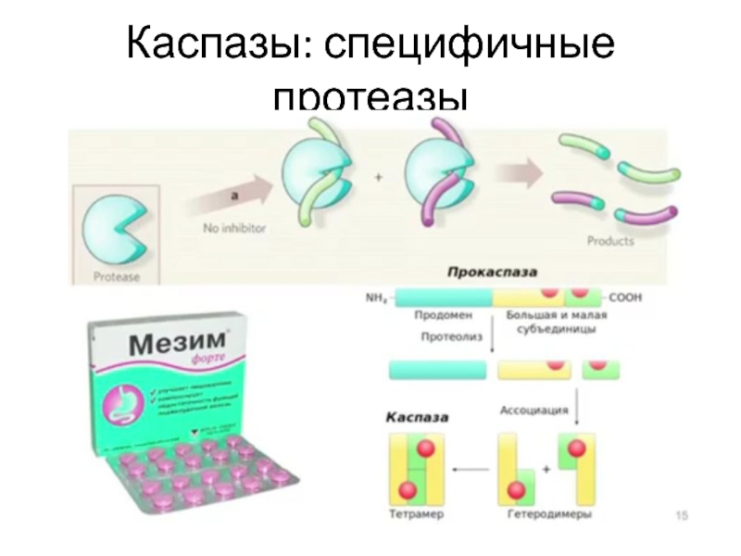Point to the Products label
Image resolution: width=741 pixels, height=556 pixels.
point(611,241)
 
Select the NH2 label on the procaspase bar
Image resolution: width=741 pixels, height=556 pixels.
point(376,297)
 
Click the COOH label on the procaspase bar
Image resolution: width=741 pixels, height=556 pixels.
point(625,297)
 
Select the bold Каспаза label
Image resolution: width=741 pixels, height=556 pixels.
point(419,418)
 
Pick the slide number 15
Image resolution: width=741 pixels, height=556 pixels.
point(684,514)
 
